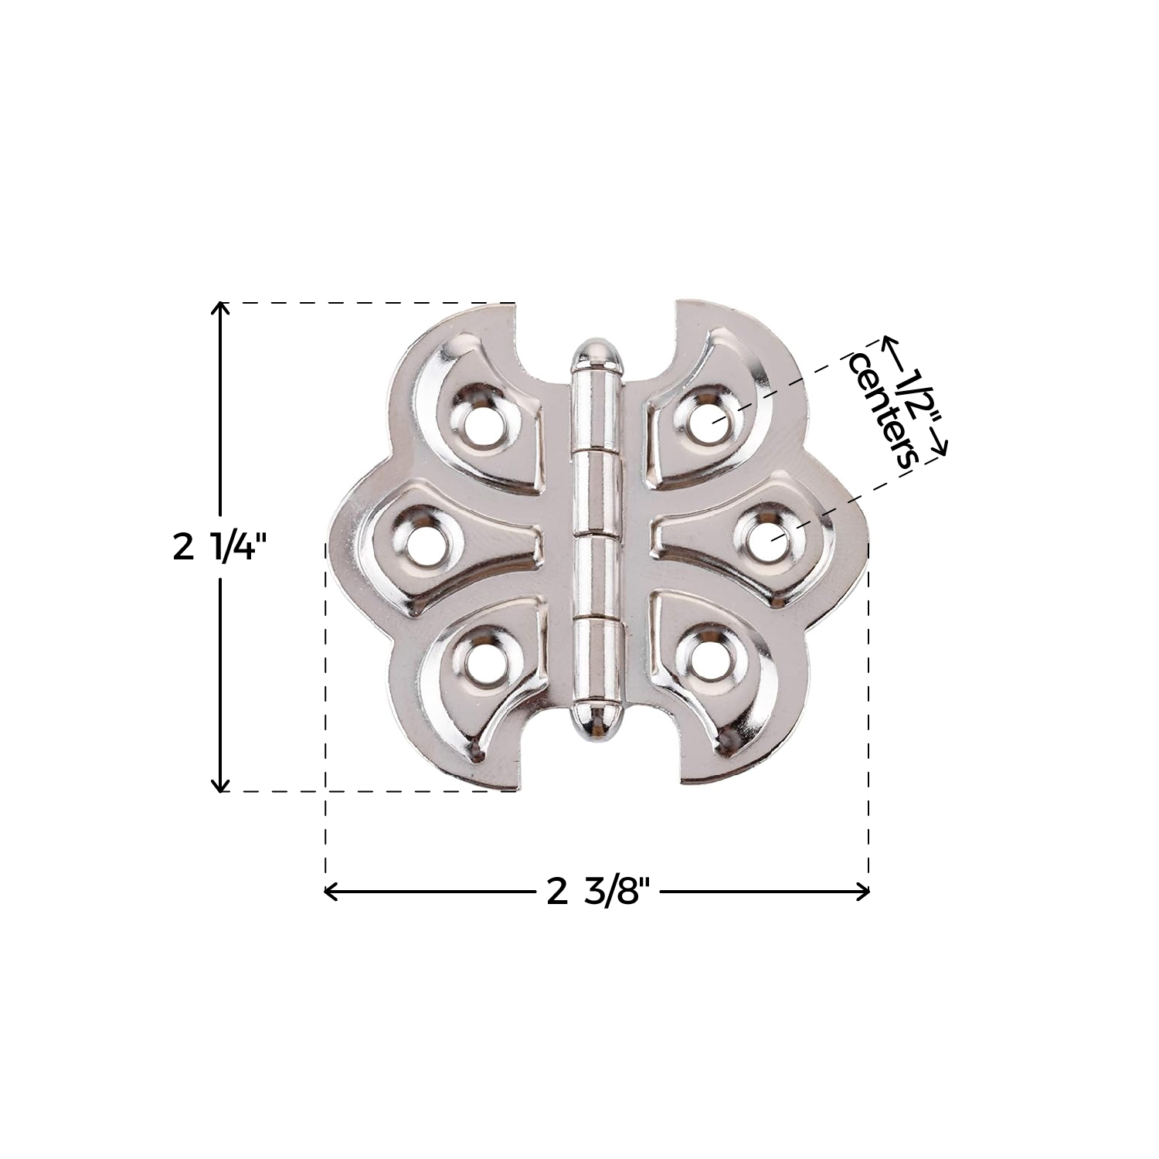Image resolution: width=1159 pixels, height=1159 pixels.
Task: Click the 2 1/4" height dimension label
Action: (220, 548)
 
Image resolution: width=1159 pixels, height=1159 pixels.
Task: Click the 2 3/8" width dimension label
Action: (594, 892)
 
